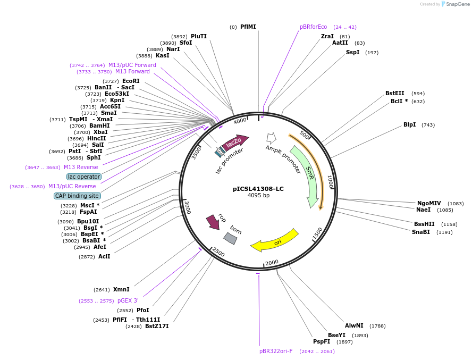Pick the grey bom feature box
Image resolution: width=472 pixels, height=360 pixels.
click(x=230, y=238)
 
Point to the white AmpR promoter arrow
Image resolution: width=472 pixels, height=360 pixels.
click(x=271, y=138)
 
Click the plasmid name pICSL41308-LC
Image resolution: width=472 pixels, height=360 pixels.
click(x=258, y=189)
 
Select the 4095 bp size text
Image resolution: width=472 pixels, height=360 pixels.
click(x=258, y=196)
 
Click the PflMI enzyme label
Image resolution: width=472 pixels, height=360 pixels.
click(x=248, y=27)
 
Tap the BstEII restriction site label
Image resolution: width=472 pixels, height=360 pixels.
click(x=395, y=94)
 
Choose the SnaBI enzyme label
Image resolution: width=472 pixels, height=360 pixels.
click(x=421, y=232)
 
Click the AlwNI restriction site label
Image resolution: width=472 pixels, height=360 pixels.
click(x=354, y=325)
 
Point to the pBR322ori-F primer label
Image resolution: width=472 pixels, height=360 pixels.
click(x=276, y=351)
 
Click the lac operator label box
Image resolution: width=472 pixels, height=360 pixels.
click(x=84, y=177)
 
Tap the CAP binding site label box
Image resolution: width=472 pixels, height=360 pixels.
click(x=77, y=196)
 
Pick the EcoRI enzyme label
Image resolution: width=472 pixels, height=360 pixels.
click(x=131, y=81)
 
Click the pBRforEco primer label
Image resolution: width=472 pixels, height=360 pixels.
click(x=314, y=27)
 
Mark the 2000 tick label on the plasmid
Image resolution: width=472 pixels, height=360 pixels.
click(x=272, y=263)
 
